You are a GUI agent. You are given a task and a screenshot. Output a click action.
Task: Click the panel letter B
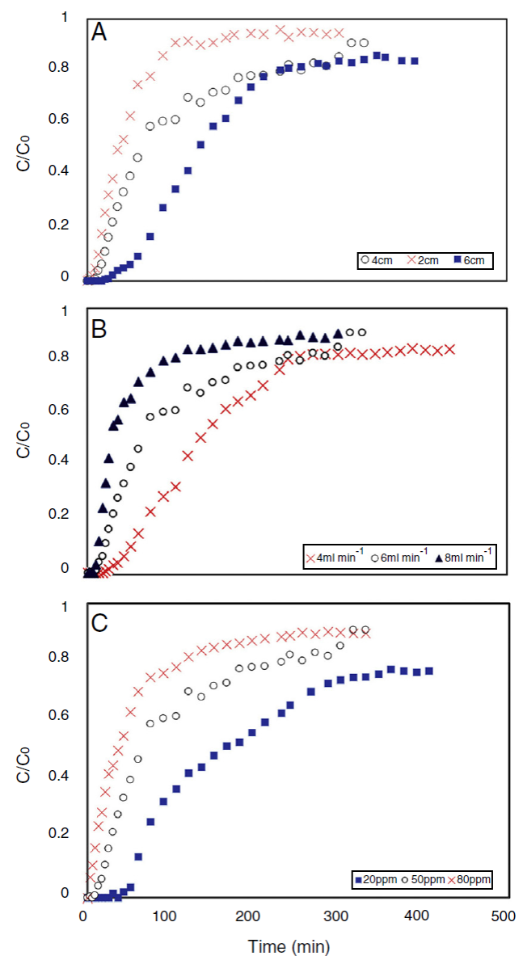pos(100,329)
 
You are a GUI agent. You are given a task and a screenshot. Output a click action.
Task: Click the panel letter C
pos(100,625)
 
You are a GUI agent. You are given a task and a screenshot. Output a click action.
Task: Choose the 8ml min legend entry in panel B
pos(464,558)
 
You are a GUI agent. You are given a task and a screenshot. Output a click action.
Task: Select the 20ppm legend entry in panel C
pos(377,878)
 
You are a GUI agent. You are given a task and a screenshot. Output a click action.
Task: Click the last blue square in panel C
pos(428,671)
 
